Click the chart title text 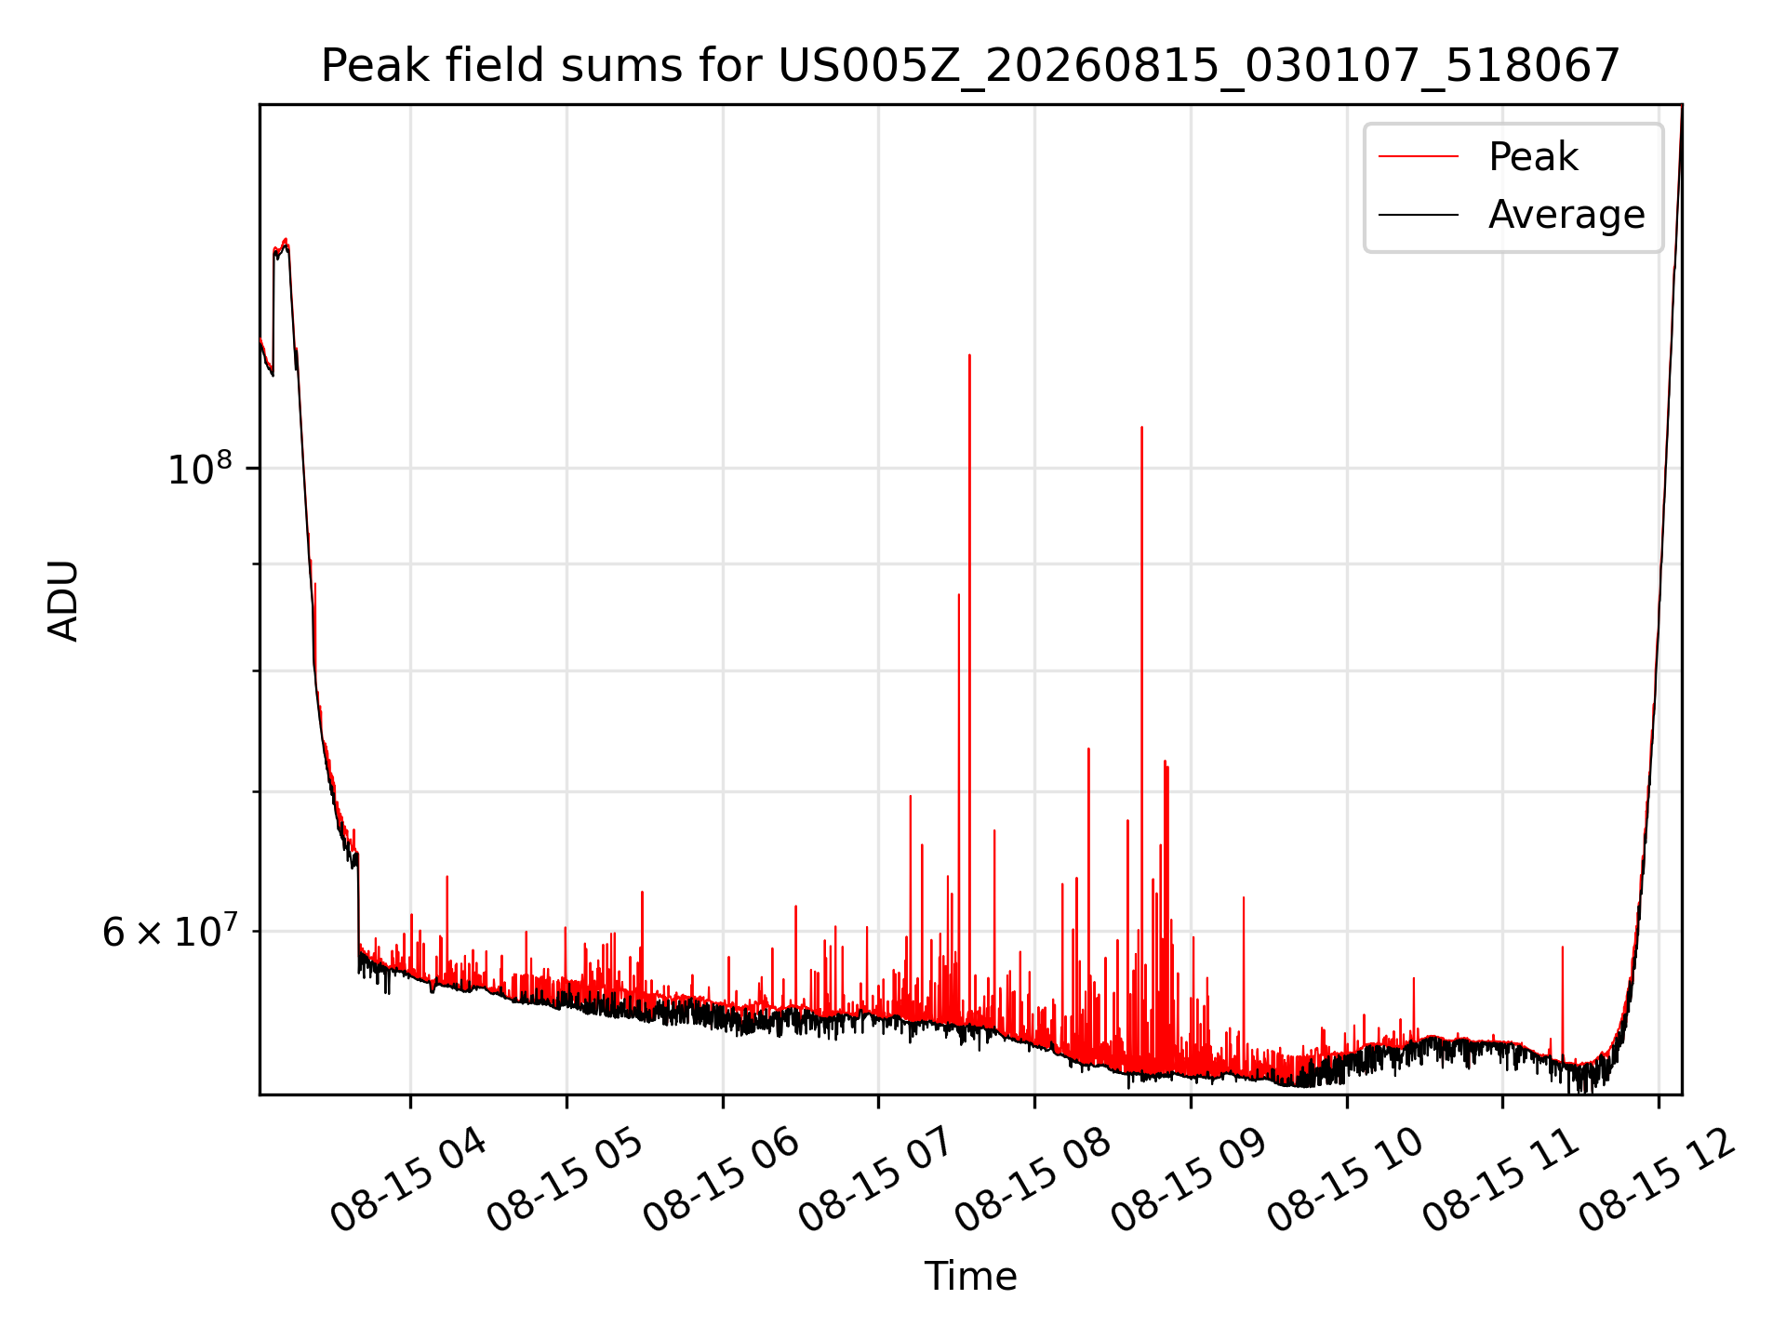click(970, 66)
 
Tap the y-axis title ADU click(63, 600)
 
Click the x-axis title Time click(970, 1276)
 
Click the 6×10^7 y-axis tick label click(169, 930)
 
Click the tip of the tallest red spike click(969, 355)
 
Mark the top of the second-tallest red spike click(1141, 428)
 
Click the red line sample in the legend click(1419, 157)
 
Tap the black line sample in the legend click(1419, 215)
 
